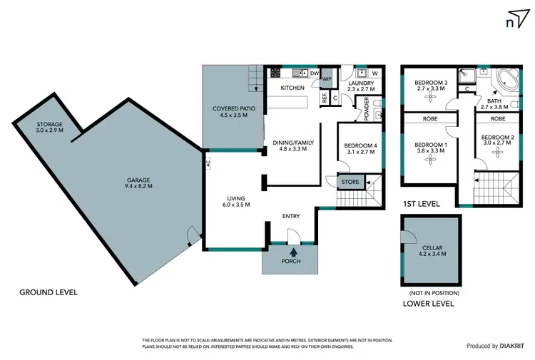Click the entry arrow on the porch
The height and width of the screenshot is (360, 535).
click(x=292, y=250)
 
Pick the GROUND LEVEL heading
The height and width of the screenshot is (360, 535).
click(x=48, y=292)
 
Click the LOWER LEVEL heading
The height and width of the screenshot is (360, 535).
click(x=428, y=304)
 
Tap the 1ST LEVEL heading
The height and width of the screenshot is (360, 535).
click(x=421, y=204)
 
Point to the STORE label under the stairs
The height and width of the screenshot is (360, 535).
click(x=350, y=182)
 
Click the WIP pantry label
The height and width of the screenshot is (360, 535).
click(x=327, y=79)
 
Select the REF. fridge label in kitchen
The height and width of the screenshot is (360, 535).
click(x=325, y=99)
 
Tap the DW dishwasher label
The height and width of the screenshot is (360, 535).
click(x=314, y=72)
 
